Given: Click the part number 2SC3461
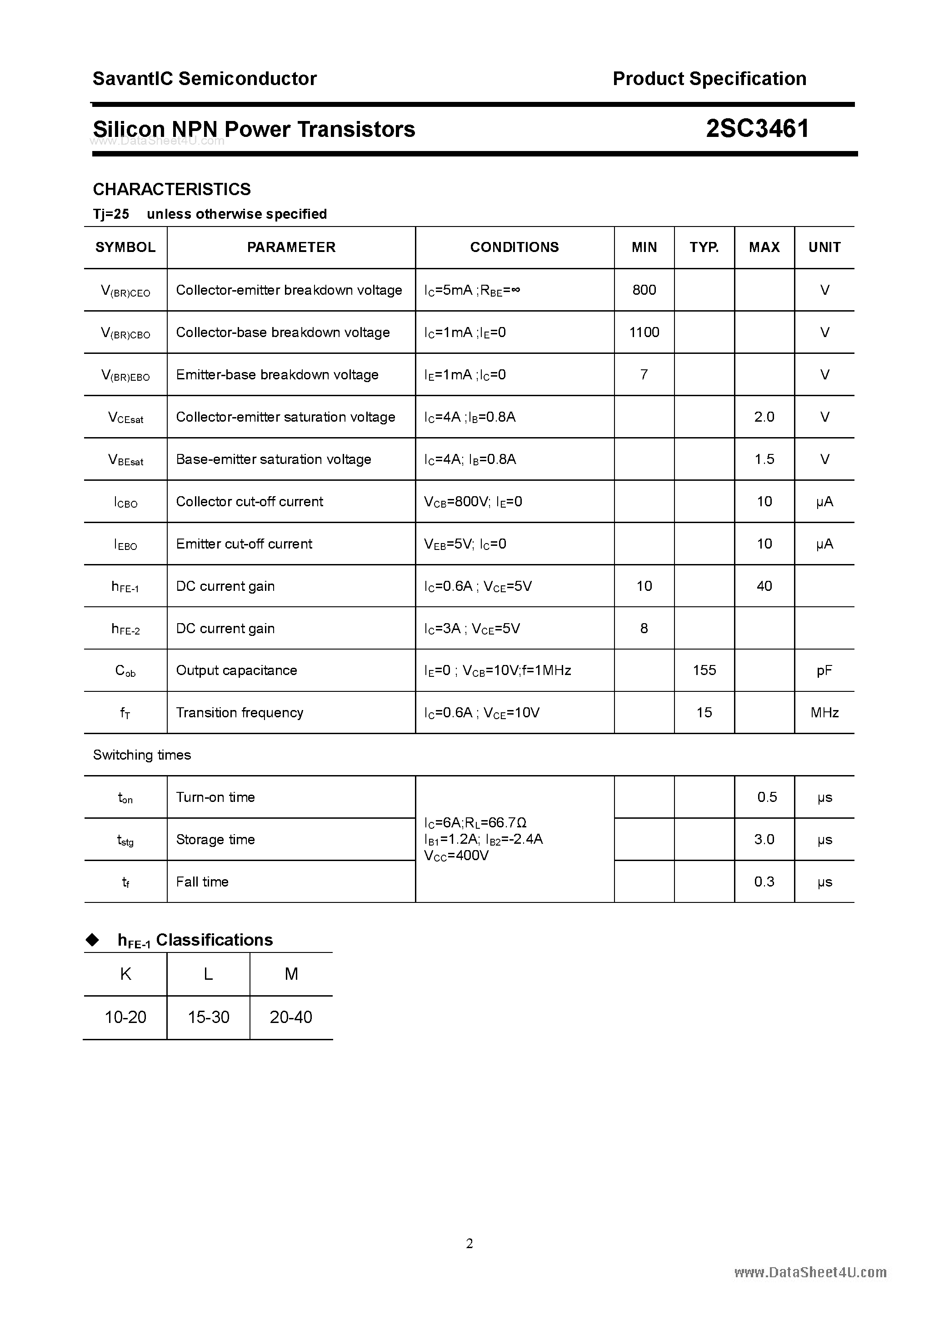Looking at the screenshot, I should [x=757, y=129].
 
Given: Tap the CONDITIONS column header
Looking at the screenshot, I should [x=514, y=247].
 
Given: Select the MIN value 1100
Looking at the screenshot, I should [x=644, y=332].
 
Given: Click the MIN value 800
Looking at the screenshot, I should [x=644, y=290].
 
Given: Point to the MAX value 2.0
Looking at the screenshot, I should [x=764, y=417].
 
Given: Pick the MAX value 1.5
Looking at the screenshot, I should [x=764, y=459].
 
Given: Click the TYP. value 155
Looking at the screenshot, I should [x=704, y=670].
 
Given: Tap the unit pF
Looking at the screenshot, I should [x=824, y=670].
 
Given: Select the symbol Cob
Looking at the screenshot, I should [x=125, y=671].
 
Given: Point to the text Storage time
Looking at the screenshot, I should [x=215, y=839].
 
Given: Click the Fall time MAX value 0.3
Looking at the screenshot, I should [x=764, y=882].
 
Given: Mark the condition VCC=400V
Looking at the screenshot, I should [x=456, y=856].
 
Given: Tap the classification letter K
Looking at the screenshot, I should [x=125, y=974].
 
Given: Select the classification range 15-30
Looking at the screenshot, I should [x=209, y=1017].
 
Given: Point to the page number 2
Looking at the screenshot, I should [x=469, y=1243].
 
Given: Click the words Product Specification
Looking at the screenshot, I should [x=709, y=78].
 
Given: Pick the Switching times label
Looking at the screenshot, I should [x=142, y=755].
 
